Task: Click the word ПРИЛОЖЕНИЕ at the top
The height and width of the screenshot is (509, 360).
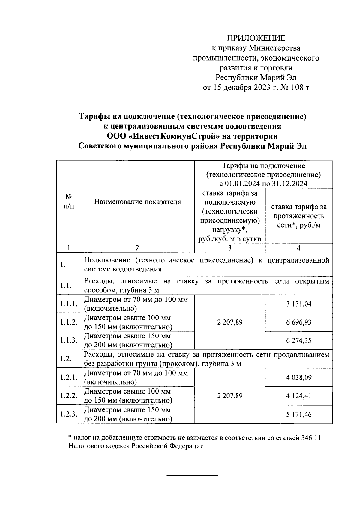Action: point(256,38)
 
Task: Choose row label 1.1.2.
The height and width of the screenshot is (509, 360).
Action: point(69,322)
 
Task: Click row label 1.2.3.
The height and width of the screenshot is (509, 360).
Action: point(69,415)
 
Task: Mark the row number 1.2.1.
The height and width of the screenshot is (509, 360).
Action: point(69,377)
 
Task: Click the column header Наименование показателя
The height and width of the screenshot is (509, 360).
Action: point(137,202)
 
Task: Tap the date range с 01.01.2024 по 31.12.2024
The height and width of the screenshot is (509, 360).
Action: point(263,184)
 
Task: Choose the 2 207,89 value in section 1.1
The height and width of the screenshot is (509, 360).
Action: point(230,322)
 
